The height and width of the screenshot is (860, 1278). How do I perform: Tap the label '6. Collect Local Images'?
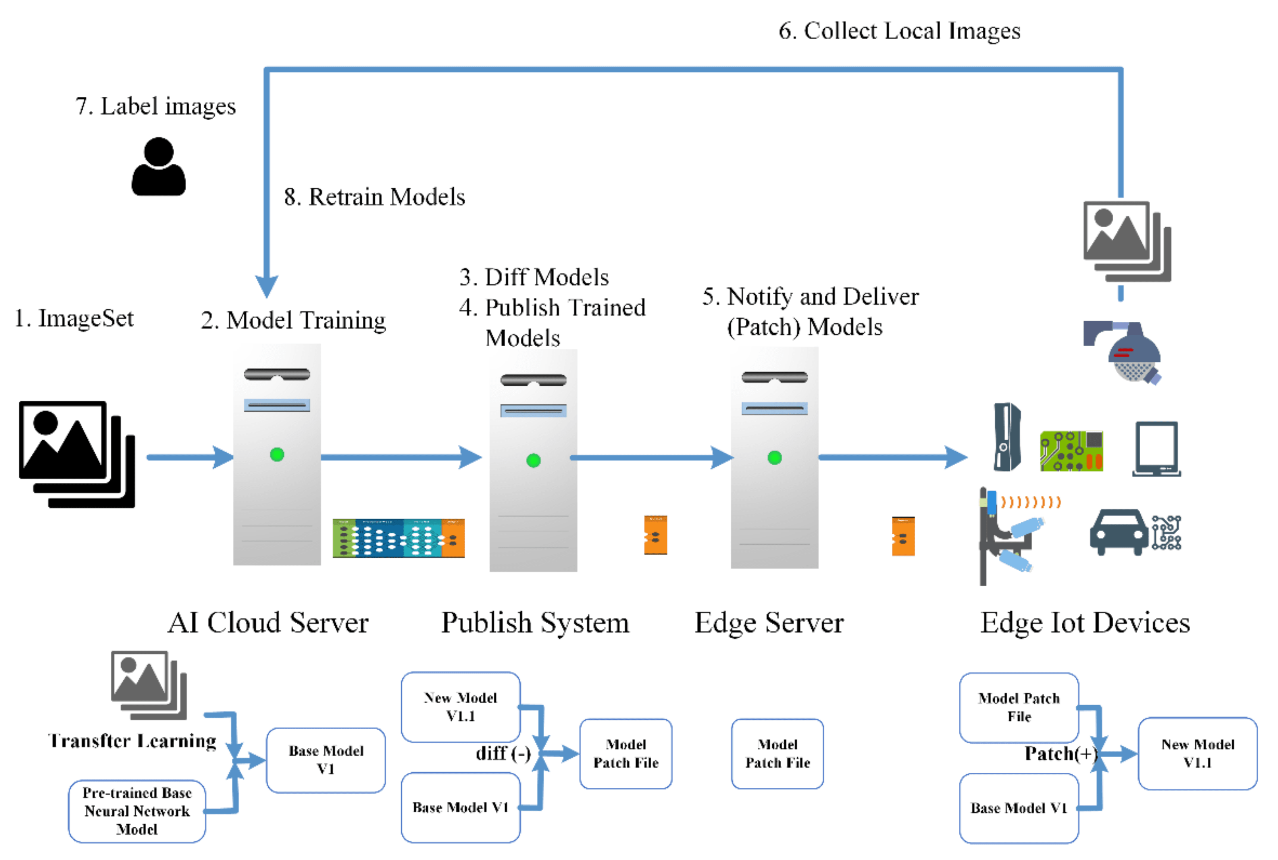click(x=899, y=31)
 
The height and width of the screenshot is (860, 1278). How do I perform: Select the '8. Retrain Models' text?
click(x=374, y=197)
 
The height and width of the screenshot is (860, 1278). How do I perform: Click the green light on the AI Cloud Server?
click(x=277, y=455)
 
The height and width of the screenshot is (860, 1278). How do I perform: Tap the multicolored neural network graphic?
click(x=398, y=538)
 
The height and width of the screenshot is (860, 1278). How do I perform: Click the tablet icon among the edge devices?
click(x=1156, y=449)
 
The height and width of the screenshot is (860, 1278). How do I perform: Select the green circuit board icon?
click(x=1071, y=451)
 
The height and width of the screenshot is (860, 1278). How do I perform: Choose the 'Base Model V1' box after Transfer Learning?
click(x=326, y=760)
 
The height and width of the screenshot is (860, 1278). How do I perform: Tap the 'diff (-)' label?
click(x=502, y=753)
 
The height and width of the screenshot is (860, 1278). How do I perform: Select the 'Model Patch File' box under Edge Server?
click(x=777, y=754)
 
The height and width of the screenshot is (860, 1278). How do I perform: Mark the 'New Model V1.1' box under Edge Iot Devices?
click(x=1197, y=753)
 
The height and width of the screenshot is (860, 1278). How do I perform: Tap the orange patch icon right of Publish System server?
click(x=655, y=535)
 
